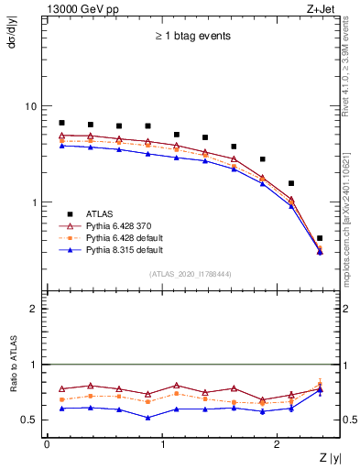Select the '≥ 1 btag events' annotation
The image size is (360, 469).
191,36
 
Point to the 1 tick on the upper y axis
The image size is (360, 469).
36,202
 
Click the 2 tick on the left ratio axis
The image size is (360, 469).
36,309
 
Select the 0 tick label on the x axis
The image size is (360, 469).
47,444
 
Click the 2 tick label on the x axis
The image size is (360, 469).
278,444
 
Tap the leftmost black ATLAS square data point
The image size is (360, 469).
61,123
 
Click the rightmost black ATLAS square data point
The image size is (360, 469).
320,238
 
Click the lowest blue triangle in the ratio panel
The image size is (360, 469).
147,418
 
